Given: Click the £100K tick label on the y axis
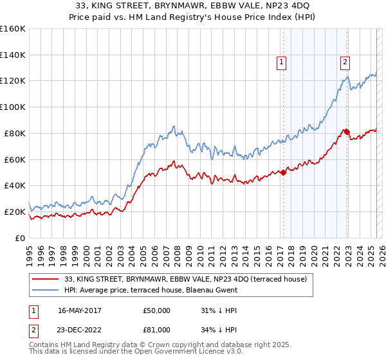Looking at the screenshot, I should [13, 107].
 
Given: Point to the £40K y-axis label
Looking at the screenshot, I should [15, 185].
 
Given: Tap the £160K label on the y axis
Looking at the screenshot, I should [13, 29].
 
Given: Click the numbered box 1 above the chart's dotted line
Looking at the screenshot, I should [282, 62].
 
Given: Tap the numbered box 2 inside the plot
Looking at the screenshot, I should [345, 62].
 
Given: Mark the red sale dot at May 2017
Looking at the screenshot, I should [283, 172].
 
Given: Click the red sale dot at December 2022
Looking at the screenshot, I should [347, 132].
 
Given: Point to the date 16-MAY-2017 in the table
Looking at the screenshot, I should [78, 310].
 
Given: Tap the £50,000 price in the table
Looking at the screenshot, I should [156, 310].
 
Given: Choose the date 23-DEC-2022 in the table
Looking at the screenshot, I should [79, 330].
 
